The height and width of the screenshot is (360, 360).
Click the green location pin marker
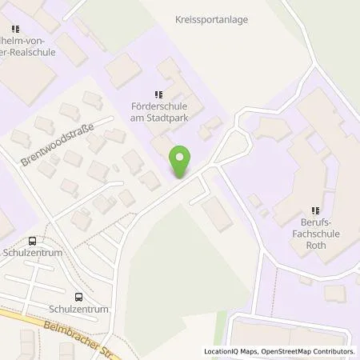coord(182,162)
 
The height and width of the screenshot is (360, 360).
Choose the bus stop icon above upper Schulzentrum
coord(32,240)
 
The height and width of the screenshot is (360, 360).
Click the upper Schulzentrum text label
coord(33,252)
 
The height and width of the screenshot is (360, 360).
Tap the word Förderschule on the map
coord(158,105)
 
